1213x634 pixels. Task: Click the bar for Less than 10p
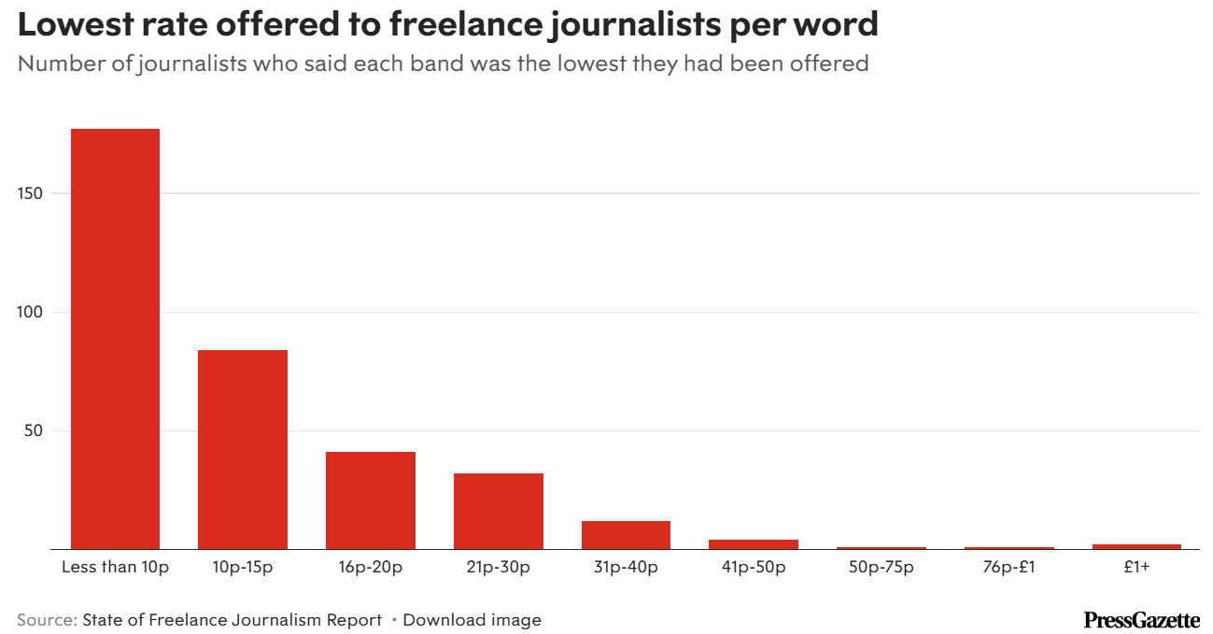tap(115, 338)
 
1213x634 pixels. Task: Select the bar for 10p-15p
tap(243, 449)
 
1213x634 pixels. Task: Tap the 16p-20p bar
tap(371, 500)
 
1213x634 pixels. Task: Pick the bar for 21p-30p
tap(499, 511)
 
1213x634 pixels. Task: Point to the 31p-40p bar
tap(626, 535)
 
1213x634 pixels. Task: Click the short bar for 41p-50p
tap(754, 543)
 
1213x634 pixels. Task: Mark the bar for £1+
tap(1136, 546)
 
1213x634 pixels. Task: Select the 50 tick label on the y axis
tap(35, 430)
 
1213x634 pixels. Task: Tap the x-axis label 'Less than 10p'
tap(115, 568)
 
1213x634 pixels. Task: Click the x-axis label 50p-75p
tap(882, 568)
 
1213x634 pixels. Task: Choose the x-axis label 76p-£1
tap(1009, 568)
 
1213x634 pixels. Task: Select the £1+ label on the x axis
tap(1136, 568)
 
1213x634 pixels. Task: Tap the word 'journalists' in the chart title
tap(643, 25)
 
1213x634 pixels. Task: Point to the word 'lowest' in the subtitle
tap(603, 64)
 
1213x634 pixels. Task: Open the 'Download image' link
tap(472, 620)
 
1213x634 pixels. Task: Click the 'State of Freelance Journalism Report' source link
tap(233, 620)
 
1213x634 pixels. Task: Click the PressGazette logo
tap(1141, 619)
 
